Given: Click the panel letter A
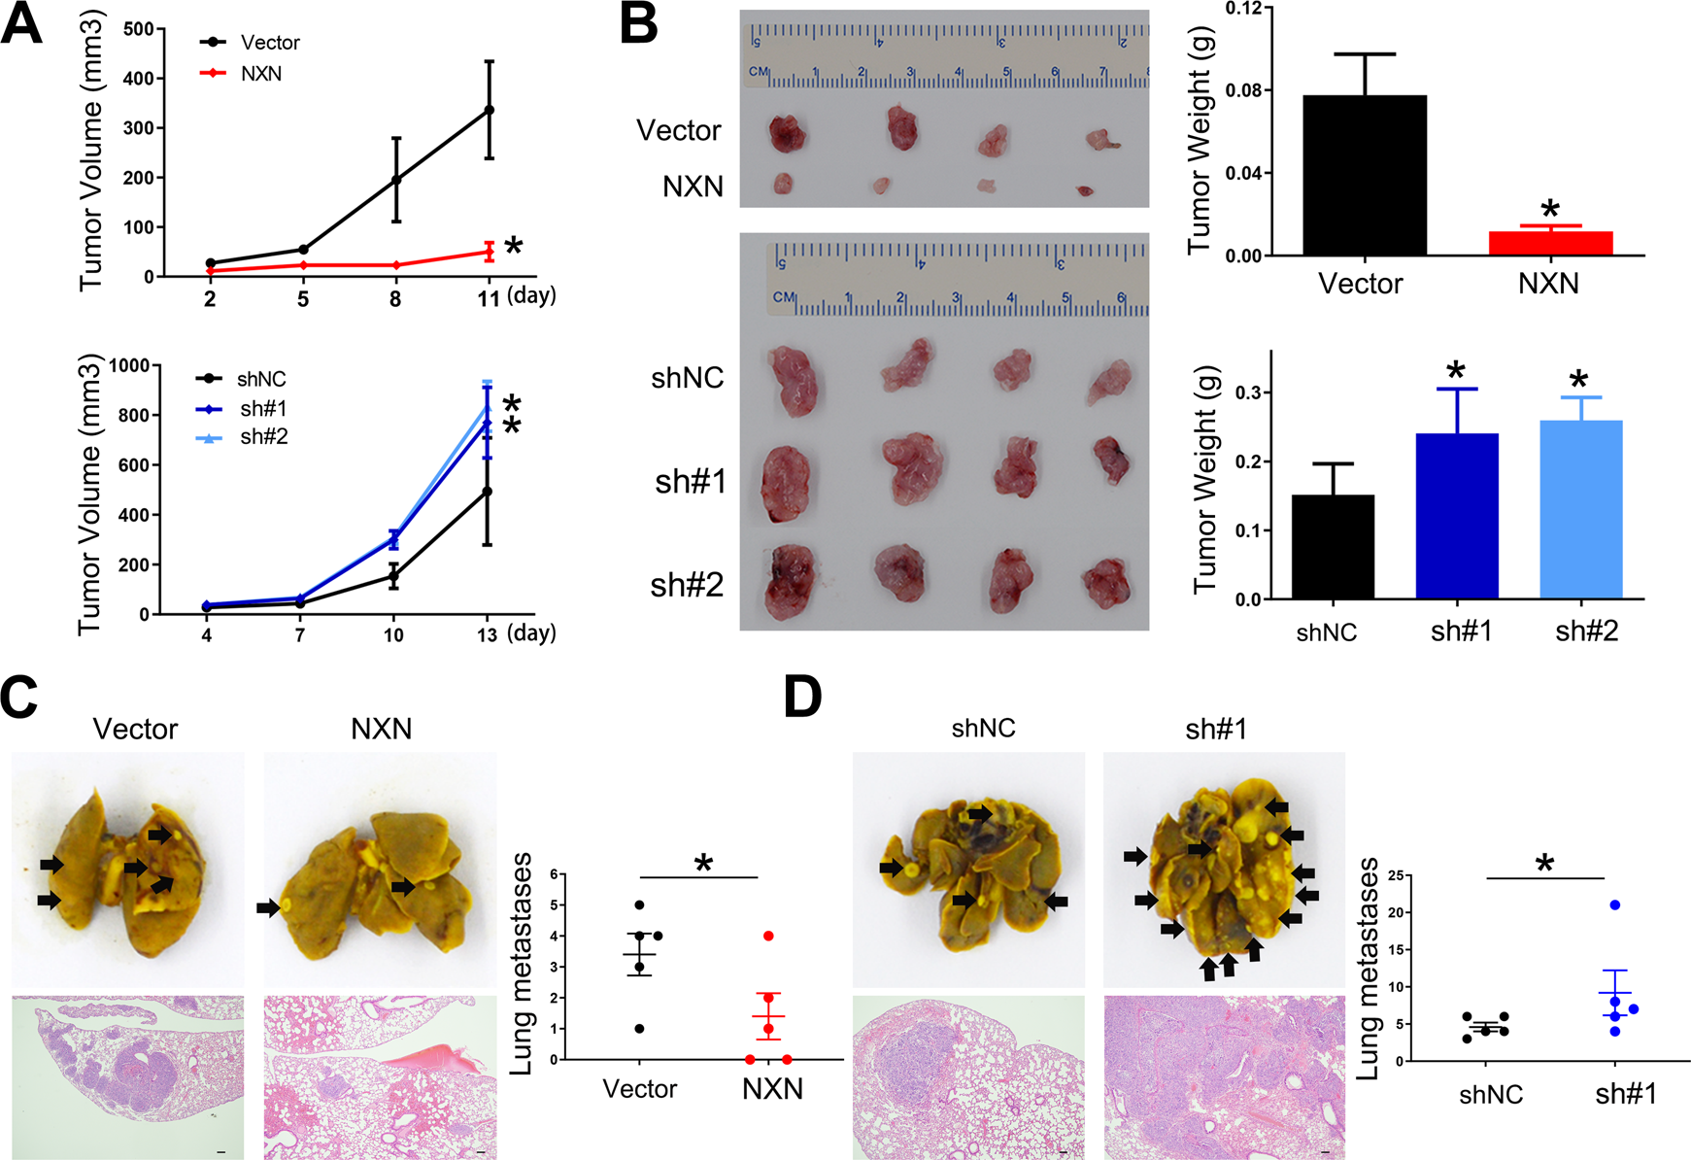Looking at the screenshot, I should (21, 23).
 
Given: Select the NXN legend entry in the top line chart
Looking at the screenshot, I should (260, 74).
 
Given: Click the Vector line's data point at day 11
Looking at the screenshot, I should (489, 110).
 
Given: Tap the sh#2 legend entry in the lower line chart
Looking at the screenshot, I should (263, 437).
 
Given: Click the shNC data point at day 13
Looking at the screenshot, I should (488, 492).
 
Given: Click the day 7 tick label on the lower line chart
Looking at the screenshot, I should (299, 635).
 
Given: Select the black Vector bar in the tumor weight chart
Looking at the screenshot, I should (1365, 175).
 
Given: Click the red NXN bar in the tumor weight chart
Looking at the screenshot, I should (1550, 243).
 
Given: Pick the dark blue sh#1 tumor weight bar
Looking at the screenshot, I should (1457, 515).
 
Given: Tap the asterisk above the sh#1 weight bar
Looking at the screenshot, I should (1455, 371).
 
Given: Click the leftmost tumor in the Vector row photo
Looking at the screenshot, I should (785, 133).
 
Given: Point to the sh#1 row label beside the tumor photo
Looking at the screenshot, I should (690, 481).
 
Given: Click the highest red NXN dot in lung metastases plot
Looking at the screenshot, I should (768, 936).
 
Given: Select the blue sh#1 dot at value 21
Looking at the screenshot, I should (1615, 904).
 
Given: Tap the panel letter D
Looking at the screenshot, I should (802, 698).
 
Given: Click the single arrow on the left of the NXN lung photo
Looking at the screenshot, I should (267, 907).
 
